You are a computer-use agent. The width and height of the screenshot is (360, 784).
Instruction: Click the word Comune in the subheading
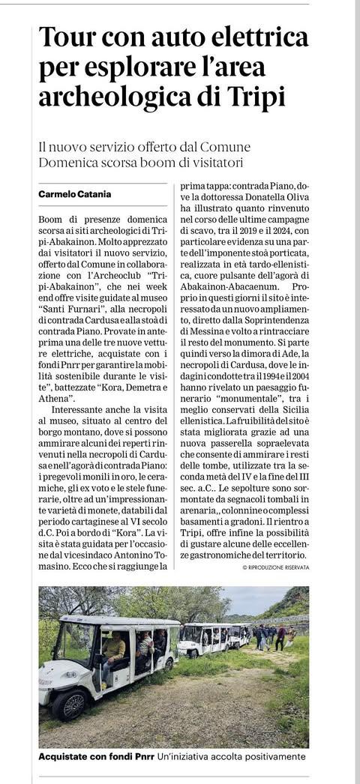(x=226, y=147)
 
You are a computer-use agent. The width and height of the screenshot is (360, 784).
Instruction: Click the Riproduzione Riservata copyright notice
(x=275, y=568)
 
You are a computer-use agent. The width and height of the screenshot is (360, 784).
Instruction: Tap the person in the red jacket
(x=280, y=638)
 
